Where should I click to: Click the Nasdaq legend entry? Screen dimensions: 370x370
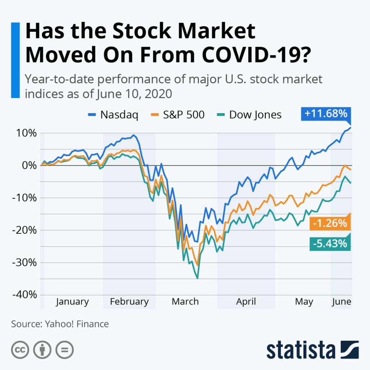pos(113,115)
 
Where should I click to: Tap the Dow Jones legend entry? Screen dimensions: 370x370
pos(250,115)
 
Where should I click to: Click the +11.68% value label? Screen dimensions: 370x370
pos(326,113)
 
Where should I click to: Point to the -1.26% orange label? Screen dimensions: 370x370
pos(330,224)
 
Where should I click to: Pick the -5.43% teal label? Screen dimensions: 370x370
pos(330,244)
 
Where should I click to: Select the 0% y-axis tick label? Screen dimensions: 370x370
pos(29,165)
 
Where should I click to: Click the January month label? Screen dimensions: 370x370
pos(72,302)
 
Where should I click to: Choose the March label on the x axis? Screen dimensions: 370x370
pos(185,302)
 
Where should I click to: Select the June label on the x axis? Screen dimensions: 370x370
pos(341,302)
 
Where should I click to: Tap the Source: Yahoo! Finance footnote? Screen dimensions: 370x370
pos(60,324)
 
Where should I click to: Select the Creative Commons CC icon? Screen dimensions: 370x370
pos(20,349)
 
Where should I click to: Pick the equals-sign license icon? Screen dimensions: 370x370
pos(65,349)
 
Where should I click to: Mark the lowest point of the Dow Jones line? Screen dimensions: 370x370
pos(197,278)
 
